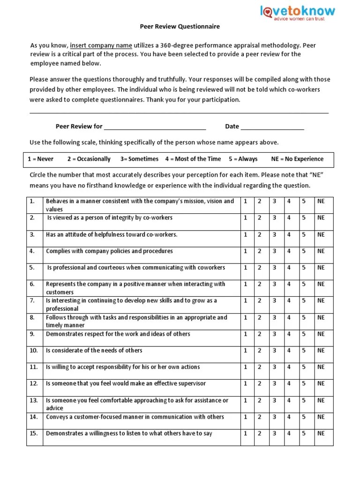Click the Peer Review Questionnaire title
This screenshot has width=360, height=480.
pyautogui.click(x=180, y=27)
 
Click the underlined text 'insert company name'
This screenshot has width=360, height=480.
pyautogui.click(x=101, y=45)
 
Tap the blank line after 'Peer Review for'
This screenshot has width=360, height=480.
pyautogui.click(x=155, y=127)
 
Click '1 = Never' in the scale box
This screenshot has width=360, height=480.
pyautogui.click(x=40, y=159)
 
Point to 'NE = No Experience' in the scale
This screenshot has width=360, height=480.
pyautogui.click(x=297, y=159)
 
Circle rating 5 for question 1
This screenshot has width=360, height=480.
pyautogui.click(x=304, y=201)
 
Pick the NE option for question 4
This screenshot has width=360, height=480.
pyautogui.click(x=321, y=251)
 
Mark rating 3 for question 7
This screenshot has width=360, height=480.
pyautogui.click(x=275, y=301)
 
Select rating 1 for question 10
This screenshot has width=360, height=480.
pyautogui.click(x=245, y=351)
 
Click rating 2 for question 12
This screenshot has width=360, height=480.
pyautogui.click(x=259, y=383)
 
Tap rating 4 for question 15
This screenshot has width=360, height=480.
pyautogui.click(x=289, y=434)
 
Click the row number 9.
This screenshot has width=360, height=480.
pyautogui.click(x=32, y=334)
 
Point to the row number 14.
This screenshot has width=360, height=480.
pyautogui.click(x=33, y=417)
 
